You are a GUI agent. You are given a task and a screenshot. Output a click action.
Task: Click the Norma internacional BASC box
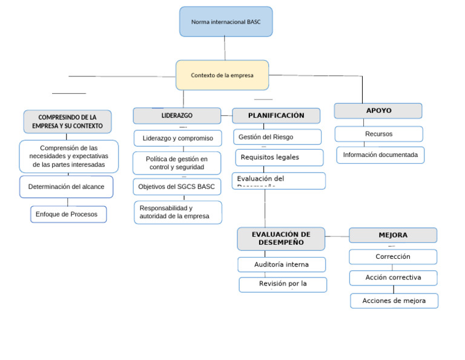(226, 22)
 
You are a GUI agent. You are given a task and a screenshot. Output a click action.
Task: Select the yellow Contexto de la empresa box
(222, 75)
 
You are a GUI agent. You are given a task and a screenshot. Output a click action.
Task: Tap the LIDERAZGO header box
(177, 115)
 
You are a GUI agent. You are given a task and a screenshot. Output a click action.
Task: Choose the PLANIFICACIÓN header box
(276, 116)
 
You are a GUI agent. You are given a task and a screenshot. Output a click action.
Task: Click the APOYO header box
(378, 111)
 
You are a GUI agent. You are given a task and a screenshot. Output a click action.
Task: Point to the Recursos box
(378, 134)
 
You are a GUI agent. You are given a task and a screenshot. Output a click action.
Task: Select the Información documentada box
(380, 155)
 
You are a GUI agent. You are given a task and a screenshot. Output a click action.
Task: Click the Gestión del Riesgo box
(277, 137)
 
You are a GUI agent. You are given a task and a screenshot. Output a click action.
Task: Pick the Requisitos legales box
(279, 158)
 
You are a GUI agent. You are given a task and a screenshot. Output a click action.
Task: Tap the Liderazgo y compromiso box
(177, 138)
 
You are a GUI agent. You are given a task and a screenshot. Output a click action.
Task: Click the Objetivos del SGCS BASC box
(177, 187)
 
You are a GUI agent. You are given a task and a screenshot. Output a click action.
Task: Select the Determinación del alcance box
(66, 187)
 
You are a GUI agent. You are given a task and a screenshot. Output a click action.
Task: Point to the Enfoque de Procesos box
(68, 214)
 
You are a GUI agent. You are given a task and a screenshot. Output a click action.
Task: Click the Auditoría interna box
(282, 264)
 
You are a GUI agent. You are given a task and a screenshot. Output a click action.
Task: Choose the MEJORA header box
(393, 235)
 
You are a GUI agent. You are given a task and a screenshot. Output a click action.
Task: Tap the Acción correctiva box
(393, 278)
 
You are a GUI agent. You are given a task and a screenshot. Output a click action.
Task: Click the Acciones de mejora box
(394, 301)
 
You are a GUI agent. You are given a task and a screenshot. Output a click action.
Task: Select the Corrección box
(393, 257)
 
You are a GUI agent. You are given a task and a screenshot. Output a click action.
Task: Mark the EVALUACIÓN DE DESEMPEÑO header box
(281, 239)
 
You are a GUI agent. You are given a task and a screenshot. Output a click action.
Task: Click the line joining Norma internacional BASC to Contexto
(225, 48)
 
